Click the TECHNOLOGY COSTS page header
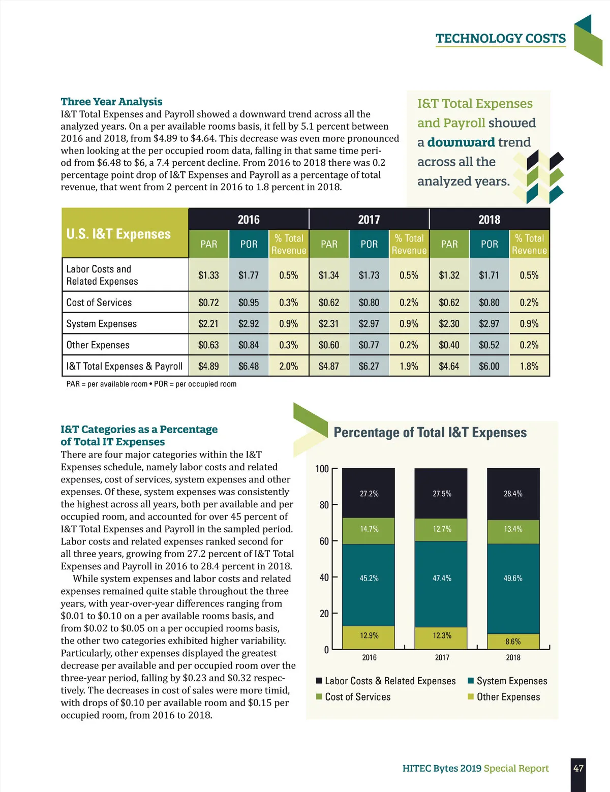point(500,39)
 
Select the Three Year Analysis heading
point(111,102)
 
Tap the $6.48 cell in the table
point(249,366)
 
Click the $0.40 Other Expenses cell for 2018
point(449,345)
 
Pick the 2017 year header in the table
point(369,220)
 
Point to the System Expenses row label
point(102,324)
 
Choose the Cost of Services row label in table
point(99,302)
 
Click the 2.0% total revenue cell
point(288,366)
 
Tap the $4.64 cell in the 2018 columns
point(449,366)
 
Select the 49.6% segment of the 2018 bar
point(513,578)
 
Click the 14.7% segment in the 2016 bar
point(369,529)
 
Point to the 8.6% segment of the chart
point(513,642)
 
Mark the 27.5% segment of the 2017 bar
point(442,494)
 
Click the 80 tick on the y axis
point(324,505)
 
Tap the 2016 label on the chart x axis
point(369,657)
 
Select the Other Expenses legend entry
point(508,697)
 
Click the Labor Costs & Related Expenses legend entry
point(390,681)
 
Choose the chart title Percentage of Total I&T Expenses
point(430,433)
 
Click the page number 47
point(578,768)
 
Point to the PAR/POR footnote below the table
point(151,384)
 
